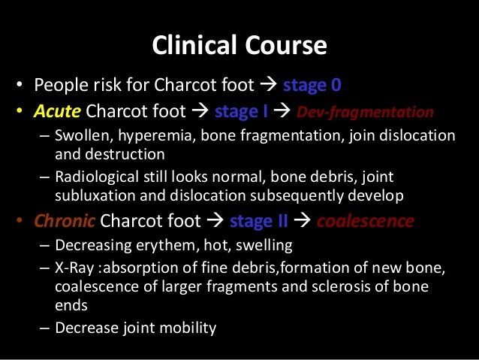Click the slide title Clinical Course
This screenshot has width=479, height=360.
tap(239, 47)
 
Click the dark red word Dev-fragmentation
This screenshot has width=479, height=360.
tap(365, 113)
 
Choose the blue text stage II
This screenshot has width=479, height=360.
tap(260, 221)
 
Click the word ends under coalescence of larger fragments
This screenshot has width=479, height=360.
tap(71, 304)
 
